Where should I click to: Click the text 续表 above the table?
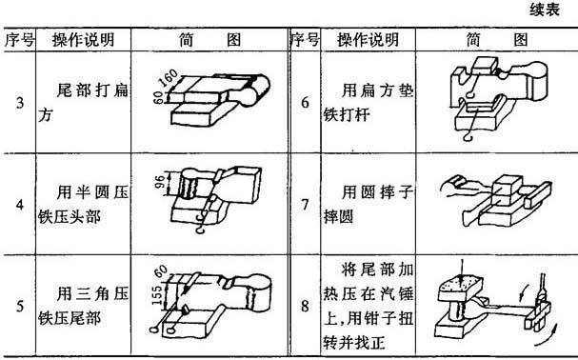tap(545, 10)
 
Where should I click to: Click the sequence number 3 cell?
tap(20, 103)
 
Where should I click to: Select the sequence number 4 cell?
tap(20, 205)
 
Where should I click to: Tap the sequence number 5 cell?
tap(20, 307)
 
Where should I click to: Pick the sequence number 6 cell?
tap(305, 103)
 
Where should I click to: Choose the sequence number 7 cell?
tap(305, 205)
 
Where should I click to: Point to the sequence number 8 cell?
tap(305, 307)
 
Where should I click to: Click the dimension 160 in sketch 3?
tap(169, 78)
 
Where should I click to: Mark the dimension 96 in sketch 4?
tap(159, 183)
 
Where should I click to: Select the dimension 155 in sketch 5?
tap(158, 296)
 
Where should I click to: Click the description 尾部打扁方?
tap(83, 103)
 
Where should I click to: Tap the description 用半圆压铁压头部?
tap(83, 205)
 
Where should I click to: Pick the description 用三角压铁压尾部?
tap(83, 307)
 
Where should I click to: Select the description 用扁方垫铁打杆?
tap(369, 103)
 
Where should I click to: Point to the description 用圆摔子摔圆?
tap(369, 205)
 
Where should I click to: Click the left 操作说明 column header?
tap(83, 40)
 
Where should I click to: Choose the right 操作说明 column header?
tap(369, 40)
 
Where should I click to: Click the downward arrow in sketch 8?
tap(462, 270)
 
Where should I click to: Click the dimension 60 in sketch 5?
tap(161, 271)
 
